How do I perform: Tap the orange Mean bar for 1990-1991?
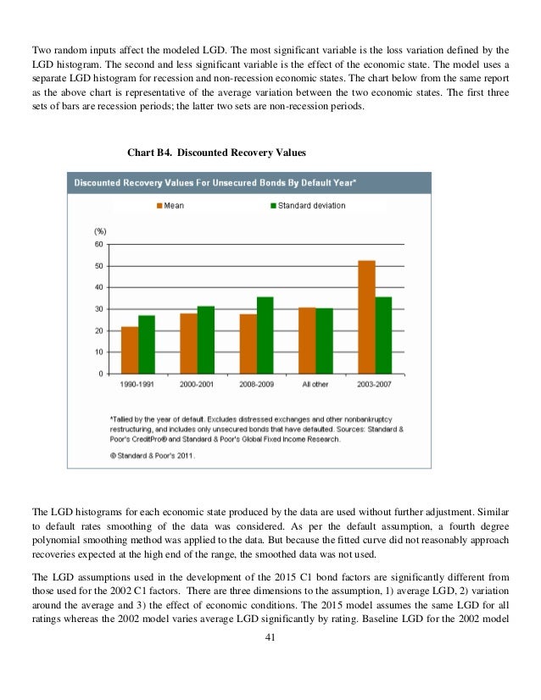(x=130, y=349)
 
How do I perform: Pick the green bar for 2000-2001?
(x=206, y=339)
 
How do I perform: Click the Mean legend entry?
(x=170, y=206)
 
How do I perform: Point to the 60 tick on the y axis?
(x=99, y=245)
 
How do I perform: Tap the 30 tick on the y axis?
(x=99, y=309)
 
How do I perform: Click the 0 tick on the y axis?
(x=102, y=374)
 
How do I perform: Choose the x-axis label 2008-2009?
(x=257, y=386)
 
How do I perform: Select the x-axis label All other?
(x=315, y=386)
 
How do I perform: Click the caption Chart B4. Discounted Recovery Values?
(x=216, y=153)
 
